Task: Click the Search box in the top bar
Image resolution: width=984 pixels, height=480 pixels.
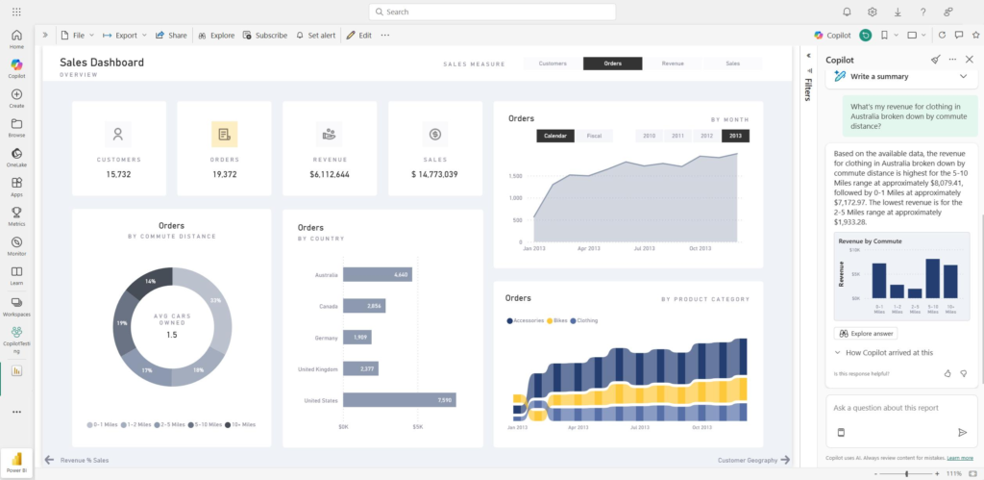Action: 491,12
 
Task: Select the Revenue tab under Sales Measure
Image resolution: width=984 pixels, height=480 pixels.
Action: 673,63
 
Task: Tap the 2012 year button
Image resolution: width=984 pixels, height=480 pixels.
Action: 706,136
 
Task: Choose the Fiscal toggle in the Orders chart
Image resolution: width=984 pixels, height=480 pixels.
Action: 594,136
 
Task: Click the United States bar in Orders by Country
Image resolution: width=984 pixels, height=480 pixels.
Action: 399,400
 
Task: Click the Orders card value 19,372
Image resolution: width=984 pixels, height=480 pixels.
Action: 224,174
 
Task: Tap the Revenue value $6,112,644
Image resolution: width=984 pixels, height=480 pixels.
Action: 330,174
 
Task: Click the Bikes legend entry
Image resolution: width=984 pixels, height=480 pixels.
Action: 558,320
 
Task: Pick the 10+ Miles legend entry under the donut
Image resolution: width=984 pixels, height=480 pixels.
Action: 240,424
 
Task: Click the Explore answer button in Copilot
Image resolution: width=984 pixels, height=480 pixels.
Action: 867,334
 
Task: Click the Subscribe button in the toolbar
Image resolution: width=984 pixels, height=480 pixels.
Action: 264,35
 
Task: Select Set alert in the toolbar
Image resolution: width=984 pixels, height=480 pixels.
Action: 316,35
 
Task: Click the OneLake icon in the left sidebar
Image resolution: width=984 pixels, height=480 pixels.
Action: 16,158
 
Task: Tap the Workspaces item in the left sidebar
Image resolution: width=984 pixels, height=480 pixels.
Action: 16,306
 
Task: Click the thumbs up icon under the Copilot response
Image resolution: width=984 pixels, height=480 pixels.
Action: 947,373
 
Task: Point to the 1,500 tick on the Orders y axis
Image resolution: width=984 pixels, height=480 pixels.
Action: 516,176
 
